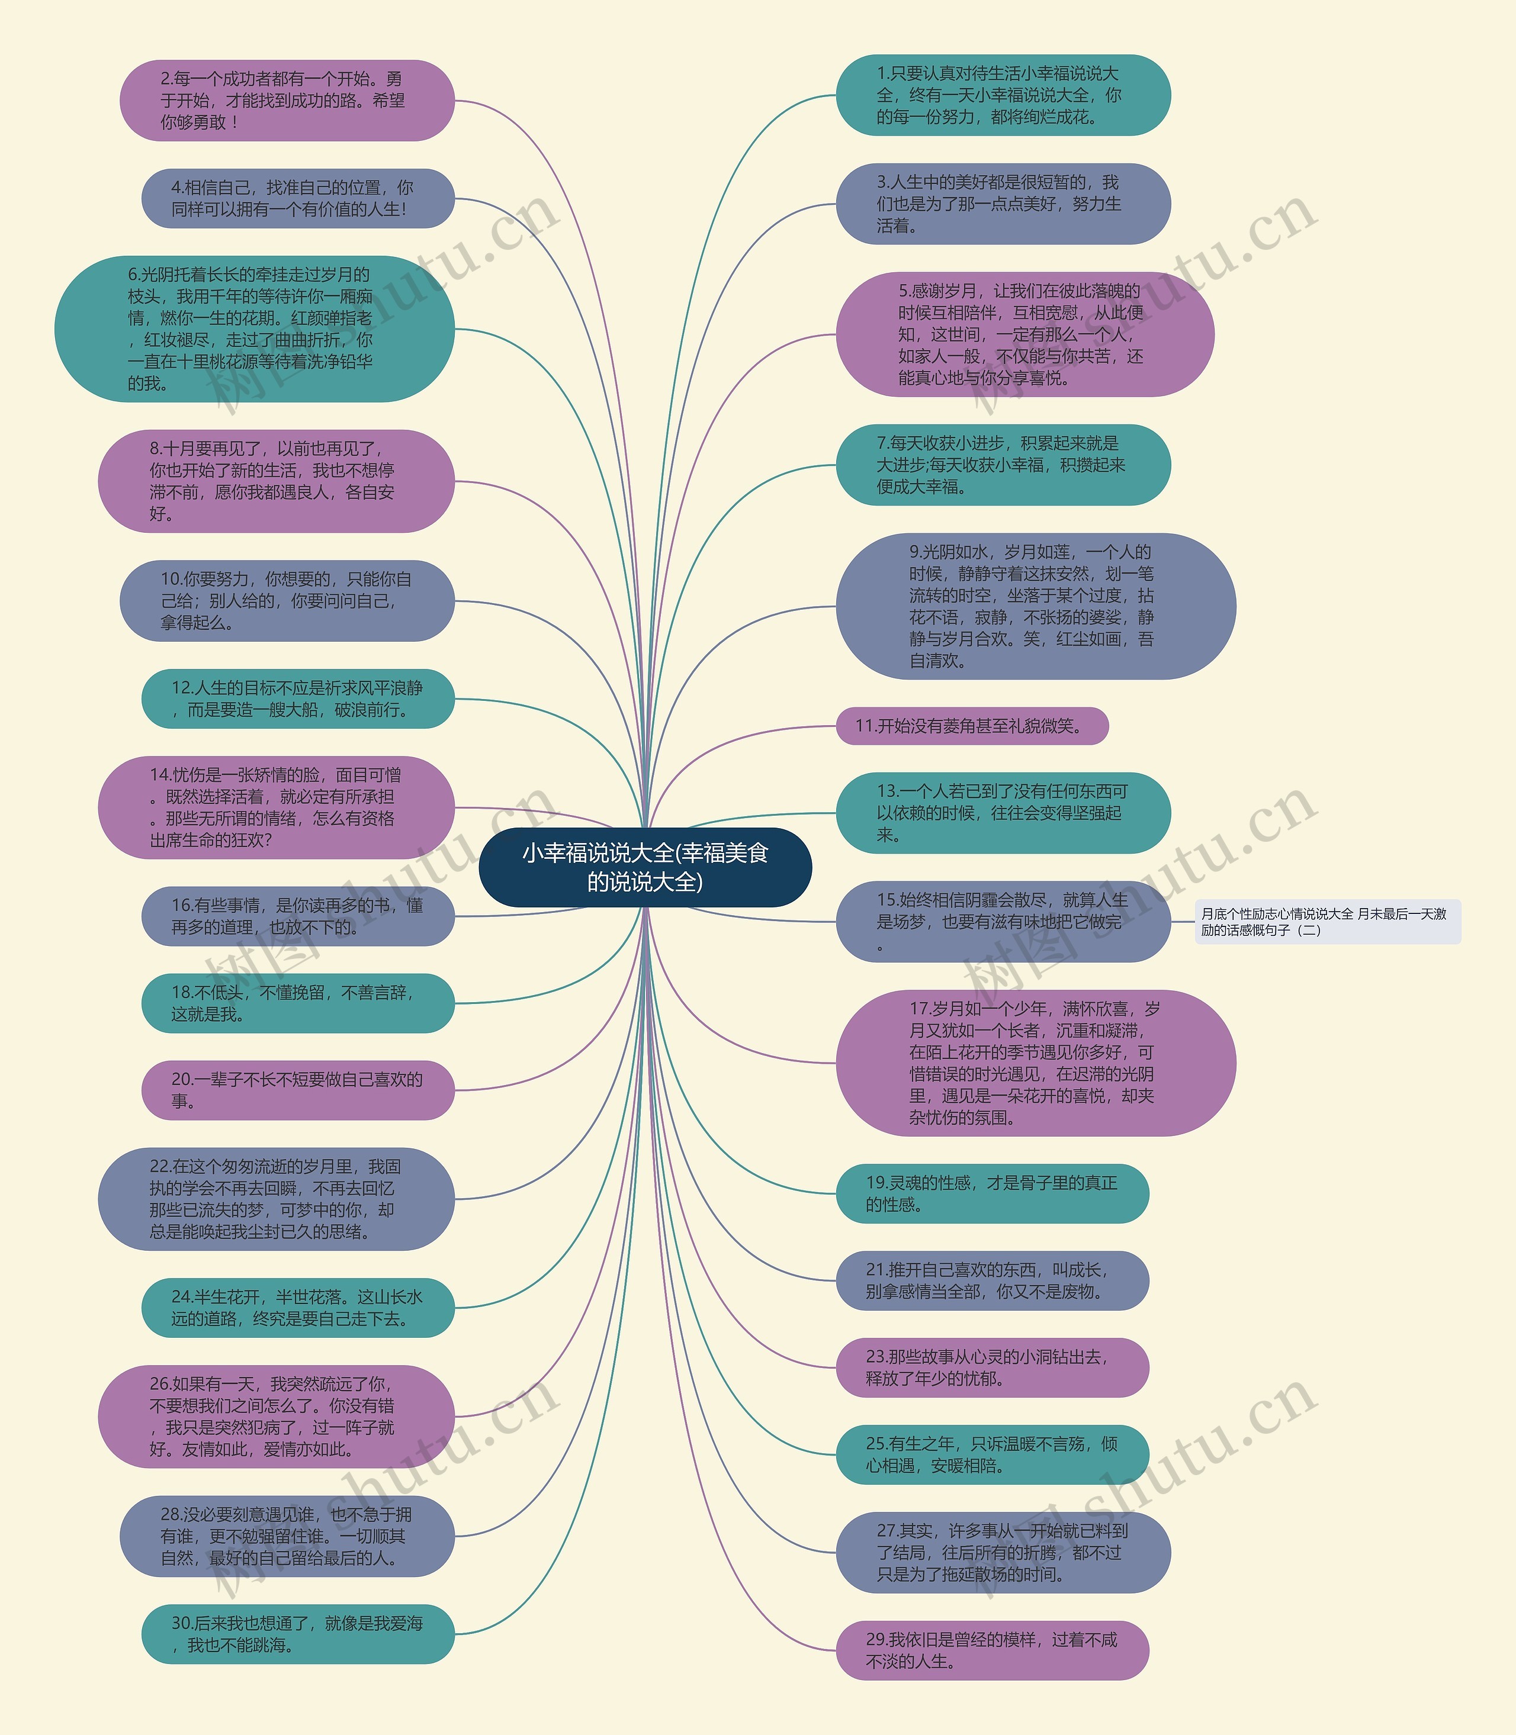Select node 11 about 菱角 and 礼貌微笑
click(x=971, y=726)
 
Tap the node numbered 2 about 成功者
click(x=287, y=101)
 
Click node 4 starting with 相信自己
click(x=298, y=199)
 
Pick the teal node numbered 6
click(x=254, y=329)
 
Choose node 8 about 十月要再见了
click(x=276, y=481)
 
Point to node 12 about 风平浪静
click(x=298, y=699)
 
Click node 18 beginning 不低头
click(x=298, y=1003)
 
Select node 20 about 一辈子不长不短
click(x=298, y=1090)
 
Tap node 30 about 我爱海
click(x=298, y=1634)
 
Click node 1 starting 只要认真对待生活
click(x=1003, y=95)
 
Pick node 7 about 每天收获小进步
click(x=1003, y=465)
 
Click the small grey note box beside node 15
click(x=1327, y=922)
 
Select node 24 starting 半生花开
click(x=298, y=1307)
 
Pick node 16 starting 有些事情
click(x=298, y=916)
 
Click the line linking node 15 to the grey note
click(x=1183, y=922)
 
